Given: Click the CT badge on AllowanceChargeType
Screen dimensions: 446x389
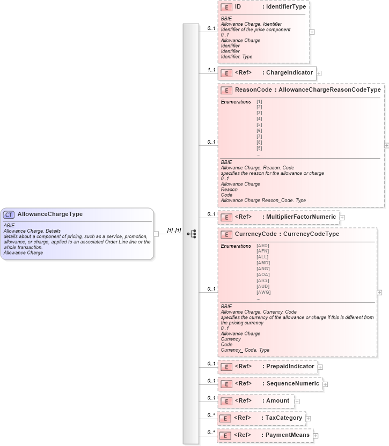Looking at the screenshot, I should click(x=9, y=214).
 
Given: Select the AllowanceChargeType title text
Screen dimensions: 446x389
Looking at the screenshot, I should click(x=50, y=214).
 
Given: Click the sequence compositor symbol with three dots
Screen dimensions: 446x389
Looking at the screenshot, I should click(x=191, y=234).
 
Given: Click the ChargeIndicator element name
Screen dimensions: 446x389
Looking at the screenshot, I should click(x=290, y=73).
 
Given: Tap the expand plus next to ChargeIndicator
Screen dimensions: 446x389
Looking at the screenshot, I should click(x=319, y=73).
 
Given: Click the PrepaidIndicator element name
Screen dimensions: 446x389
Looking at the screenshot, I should click(x=290, y=367).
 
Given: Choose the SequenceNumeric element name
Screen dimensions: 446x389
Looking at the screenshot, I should click(x=293, y=384).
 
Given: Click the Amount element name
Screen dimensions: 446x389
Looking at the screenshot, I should click(x=278, y=401).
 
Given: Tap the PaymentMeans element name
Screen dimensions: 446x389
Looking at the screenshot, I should click(x=288, y=435).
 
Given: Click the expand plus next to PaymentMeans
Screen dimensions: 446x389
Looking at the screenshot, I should click(x=315, y=436).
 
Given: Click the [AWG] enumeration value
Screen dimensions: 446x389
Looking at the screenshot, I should click(x=263, y=292).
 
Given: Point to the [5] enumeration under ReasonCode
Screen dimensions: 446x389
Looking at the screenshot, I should click(x=259, y=124).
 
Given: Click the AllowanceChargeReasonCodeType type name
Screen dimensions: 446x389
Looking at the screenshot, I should click(x=329, y=90).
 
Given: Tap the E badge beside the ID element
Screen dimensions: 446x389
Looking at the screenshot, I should click(x=226, y=7).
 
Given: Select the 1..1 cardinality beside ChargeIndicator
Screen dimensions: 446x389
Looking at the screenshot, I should click(x=211, y=70).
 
